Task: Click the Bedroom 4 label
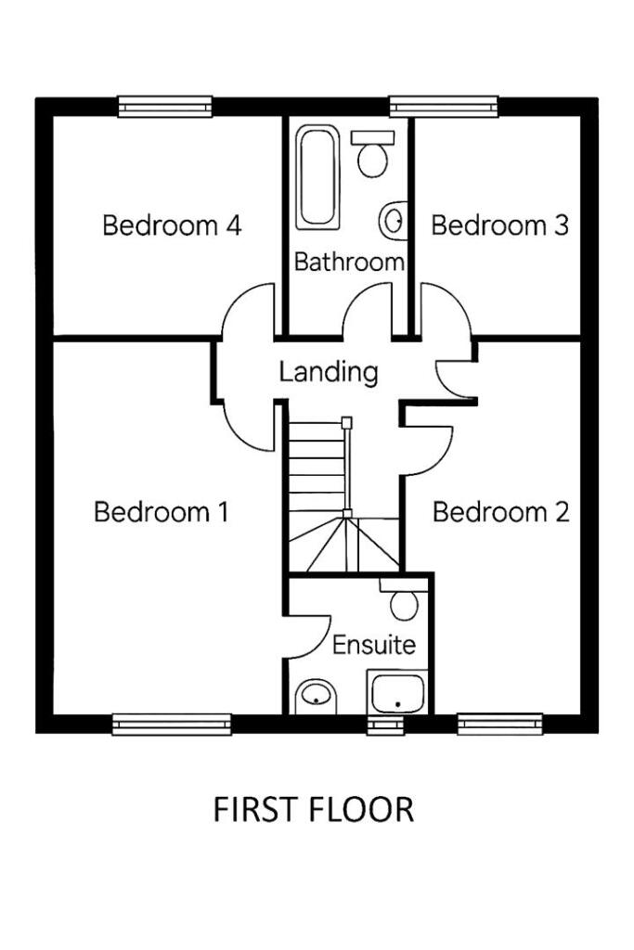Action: [172, 225]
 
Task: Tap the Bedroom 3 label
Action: [499, 225]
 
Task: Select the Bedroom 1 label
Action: [162, 512]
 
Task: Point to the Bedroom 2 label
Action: [501, 512]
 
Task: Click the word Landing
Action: [329, 373]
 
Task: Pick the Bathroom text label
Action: [349, 263]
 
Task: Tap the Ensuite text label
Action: [373, 645]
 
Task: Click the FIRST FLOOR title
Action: [314, 810]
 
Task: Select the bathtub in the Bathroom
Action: [317, 176]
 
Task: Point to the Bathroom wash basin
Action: [394, 221]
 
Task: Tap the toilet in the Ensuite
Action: [402, 601]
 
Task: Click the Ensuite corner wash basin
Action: [316, 696]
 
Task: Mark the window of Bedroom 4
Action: [165, 106]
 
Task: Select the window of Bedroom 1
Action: [172, 724]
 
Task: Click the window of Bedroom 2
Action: [499, 724]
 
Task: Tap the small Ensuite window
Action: [384, 725]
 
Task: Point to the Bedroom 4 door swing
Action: [249, 315]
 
